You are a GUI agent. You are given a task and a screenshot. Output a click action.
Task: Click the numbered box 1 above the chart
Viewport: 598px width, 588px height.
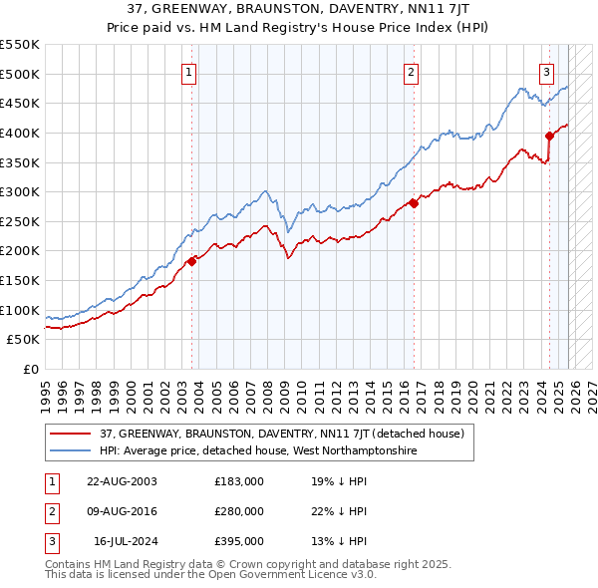pyautogui.click(x=189, y=71)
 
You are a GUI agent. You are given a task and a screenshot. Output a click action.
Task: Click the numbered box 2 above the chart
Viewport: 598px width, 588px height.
pyautogui.click(x=411, y=71)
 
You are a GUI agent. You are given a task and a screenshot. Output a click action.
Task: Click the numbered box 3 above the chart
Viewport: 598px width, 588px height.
pyautogui.click(x=547, y=71)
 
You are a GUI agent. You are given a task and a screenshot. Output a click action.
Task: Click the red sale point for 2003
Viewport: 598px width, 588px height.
pyautogui.click(x=192, y=261)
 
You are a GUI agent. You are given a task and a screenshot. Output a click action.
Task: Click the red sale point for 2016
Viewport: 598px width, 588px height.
pyautogui.click(x=414, y=204)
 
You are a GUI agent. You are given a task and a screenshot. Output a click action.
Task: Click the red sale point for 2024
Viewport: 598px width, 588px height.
pyautogui.click(x=549, y=136)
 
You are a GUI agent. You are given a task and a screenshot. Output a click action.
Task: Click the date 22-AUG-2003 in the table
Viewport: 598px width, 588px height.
pyautogui.click(x=122, y=480)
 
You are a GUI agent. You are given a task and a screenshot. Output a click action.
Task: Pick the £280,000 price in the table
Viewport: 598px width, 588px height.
pyautogui.click(x=239, y=511)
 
